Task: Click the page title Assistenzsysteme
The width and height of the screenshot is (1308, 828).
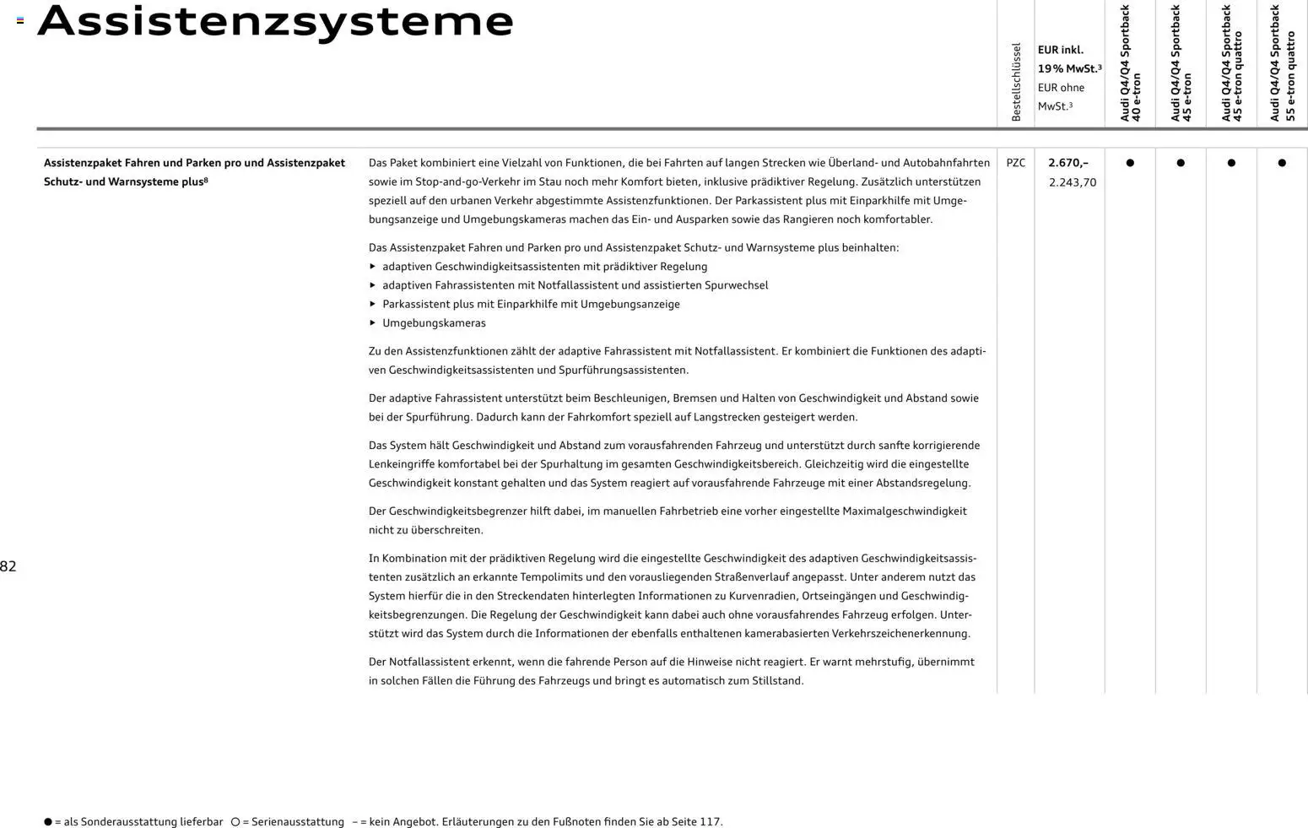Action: point(275,21)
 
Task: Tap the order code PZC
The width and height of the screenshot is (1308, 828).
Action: point(1016,163)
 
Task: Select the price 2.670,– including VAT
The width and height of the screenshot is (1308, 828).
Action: point(1068,163)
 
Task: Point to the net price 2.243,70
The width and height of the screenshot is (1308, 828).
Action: point(1073,182)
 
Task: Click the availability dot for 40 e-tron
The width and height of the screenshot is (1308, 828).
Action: point(1130,163)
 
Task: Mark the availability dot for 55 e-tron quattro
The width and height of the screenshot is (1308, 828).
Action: point(1282,163)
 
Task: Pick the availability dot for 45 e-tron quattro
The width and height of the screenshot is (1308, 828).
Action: point(1231,163)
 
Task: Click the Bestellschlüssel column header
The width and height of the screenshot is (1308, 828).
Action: point(1016,82)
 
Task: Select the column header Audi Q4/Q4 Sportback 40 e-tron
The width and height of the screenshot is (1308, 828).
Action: point(1130,63)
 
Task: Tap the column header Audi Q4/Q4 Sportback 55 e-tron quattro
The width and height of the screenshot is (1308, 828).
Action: point(1282,63)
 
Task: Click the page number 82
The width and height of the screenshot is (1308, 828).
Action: point(8,566)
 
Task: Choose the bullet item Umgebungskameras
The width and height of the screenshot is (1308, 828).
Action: point(434,323)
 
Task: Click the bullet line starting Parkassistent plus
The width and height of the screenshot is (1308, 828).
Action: point(531,305)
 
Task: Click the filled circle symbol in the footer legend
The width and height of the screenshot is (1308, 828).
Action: point(48,821)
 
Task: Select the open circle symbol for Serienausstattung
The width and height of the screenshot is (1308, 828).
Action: point(235,821)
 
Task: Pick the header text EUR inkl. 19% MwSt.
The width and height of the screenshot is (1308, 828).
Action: point(1069,59)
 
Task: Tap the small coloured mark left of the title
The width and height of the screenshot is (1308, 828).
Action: point(20,20)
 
